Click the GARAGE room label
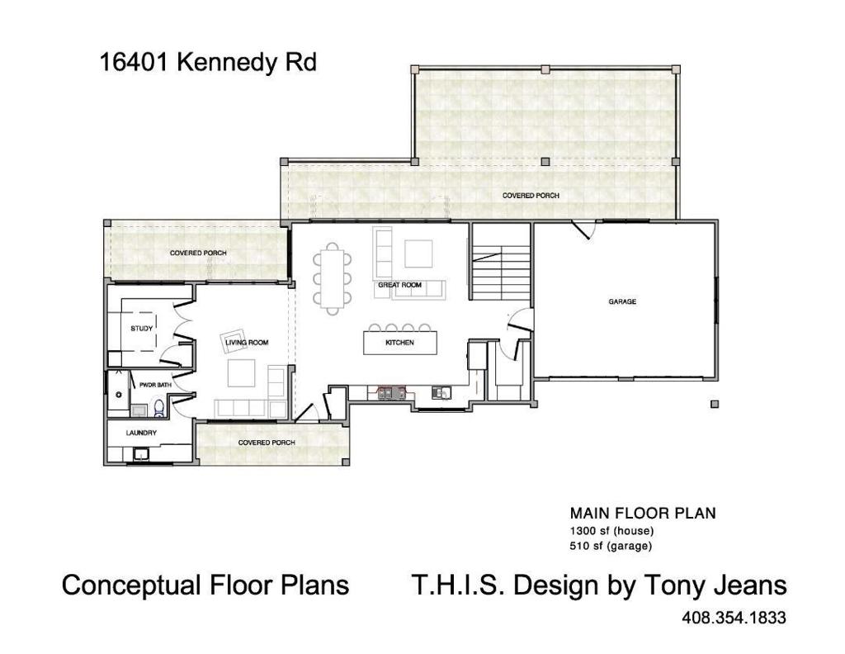click(622, 302)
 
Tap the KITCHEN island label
click(400, 343)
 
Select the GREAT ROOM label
click(400, 285)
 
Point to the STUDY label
click(142, 329)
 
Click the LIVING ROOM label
click(247, 342)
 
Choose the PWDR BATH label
click(155, 385)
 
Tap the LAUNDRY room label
click(141, 433)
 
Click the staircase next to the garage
click(501, 266)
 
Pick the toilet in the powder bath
click(159, 407)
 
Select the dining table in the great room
click(331, 278)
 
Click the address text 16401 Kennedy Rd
click(208, 63)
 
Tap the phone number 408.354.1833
click(734, 618)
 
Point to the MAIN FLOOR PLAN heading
click(643, 513)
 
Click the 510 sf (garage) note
click(611, 546)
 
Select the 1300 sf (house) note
click(609, 530)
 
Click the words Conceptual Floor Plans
click(205, 585)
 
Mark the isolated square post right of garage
click(715, 404)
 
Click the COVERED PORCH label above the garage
click(531, 196)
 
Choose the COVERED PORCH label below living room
click(267, 443)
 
